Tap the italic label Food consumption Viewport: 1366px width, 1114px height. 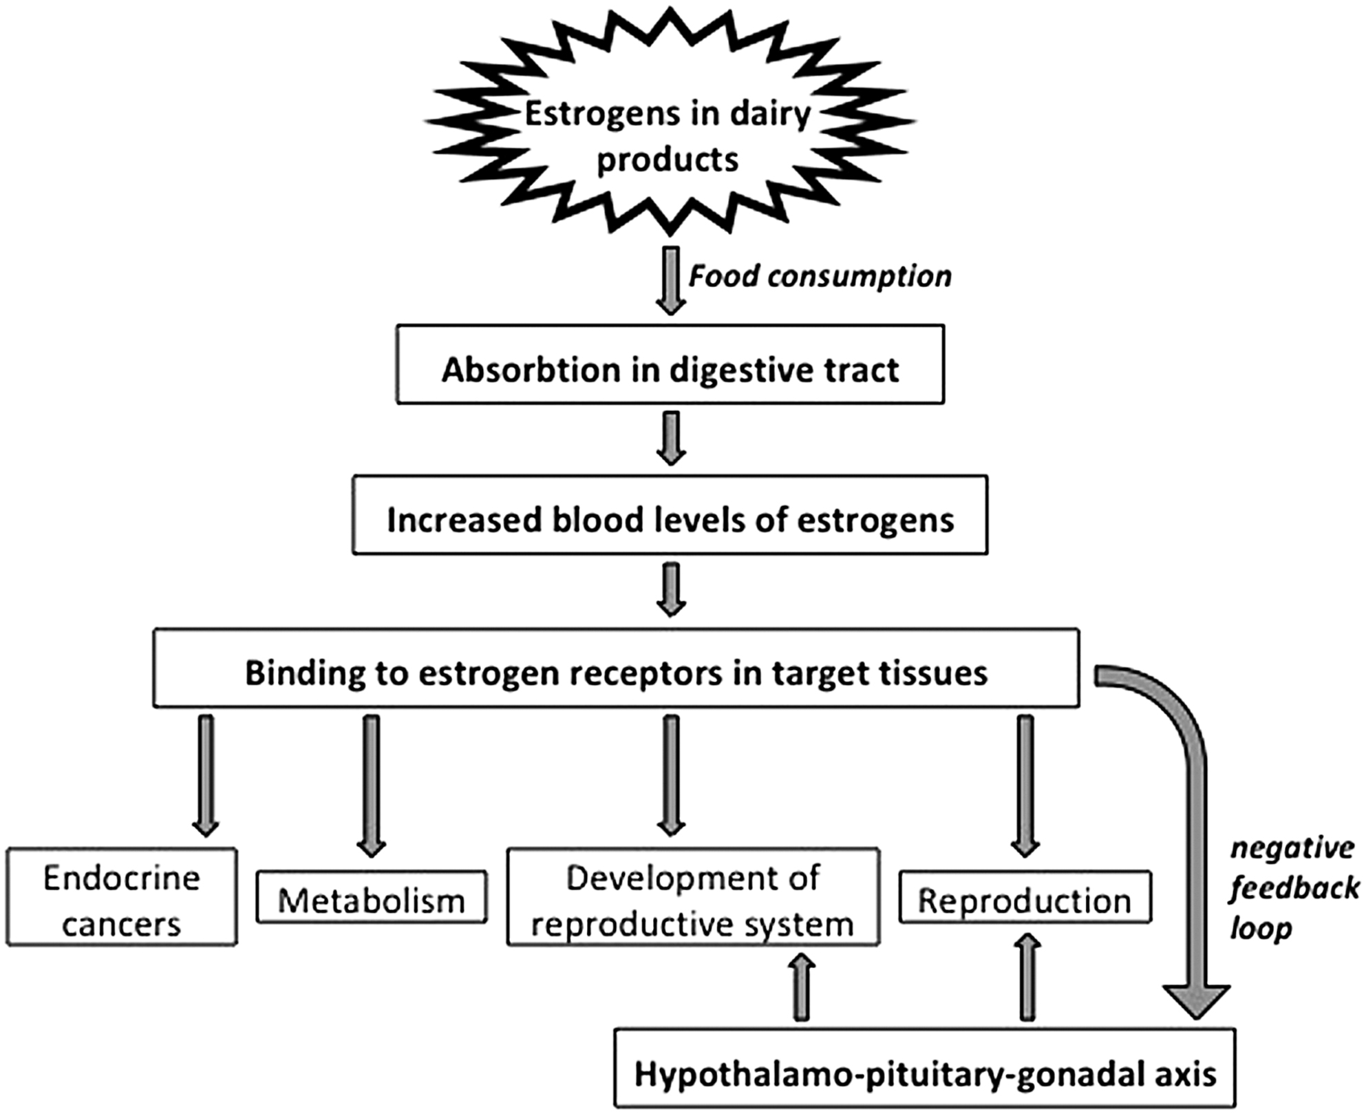tap(820, 276)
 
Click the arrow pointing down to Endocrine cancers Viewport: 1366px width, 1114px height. tap(206, 775)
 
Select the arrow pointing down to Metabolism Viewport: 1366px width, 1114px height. tap(372, 785)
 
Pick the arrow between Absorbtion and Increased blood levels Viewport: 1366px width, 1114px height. tap(670, 438)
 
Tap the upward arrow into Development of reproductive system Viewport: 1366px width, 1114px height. tap(802, 986)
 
